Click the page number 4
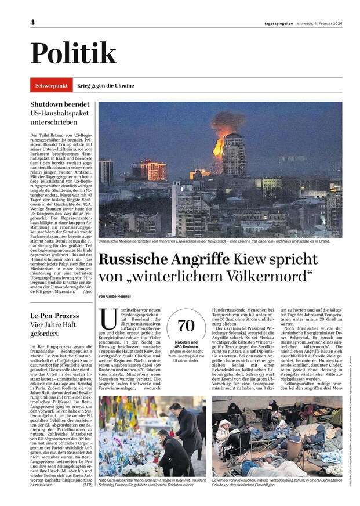(33, 22)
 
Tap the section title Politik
(74, 53)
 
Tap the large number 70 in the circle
(186, 325)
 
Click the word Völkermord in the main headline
(270, 275)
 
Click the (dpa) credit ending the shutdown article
(88, 292)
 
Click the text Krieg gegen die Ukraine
(105, 85)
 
